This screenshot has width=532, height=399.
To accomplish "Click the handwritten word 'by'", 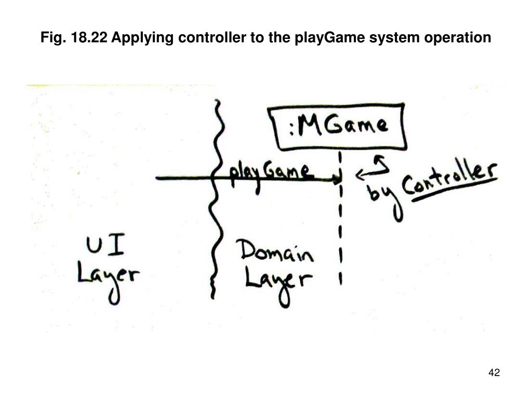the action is click(x=382, y=196).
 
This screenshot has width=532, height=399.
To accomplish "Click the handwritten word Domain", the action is click(x=277, y=253).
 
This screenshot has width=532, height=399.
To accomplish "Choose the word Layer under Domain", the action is click(x=278, y=282).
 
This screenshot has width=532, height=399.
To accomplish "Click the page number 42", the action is click(x=494, y=373).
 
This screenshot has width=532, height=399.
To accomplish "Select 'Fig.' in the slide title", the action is click(x=52, y=37).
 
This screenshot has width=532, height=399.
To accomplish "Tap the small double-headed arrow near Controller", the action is click(x=372, y=168).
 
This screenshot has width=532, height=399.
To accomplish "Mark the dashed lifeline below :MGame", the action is click(x=340, y=234).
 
